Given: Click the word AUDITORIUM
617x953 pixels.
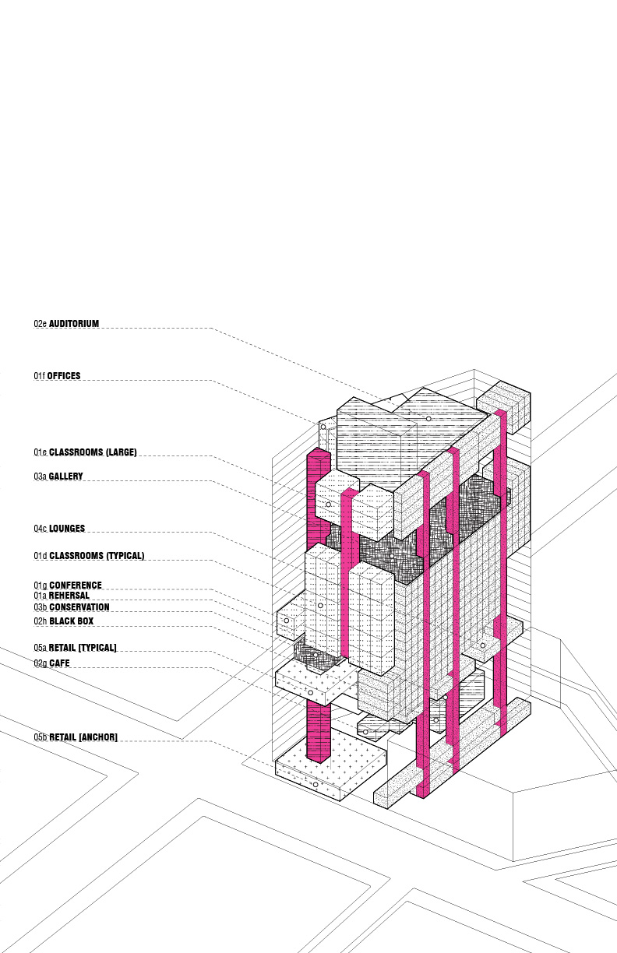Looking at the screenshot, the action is coord(74,324).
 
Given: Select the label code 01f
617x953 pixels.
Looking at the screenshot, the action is coord(40,376).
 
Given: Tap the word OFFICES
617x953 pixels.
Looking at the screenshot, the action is coord(64,376).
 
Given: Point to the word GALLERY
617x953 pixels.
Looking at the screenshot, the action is coord(66,476).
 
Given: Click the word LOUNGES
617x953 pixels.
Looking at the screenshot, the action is coord(67,529).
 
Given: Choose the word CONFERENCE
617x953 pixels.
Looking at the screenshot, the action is coord(76,586).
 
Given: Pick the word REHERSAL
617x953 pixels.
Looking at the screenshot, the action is coord(69,596).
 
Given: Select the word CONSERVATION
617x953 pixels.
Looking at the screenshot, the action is coord(79,607).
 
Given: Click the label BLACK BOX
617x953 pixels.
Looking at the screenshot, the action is coord(72,621).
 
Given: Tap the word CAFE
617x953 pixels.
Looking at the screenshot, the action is coord(60,663).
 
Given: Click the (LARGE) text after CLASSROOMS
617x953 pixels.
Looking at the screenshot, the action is coord(122,452).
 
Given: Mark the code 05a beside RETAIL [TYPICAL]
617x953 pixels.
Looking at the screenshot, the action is coord(40,648).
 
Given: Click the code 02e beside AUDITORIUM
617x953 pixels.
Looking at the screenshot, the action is coord(40,324).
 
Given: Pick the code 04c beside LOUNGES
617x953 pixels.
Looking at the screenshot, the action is coord(40,529).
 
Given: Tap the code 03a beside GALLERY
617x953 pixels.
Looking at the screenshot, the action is coord(40,476).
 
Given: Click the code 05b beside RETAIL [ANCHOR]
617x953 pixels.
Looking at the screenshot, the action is coord(41,737).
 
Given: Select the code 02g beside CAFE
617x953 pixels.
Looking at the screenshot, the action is coord(41,663).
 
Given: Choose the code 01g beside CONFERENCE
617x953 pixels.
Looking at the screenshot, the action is coord(41,586).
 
